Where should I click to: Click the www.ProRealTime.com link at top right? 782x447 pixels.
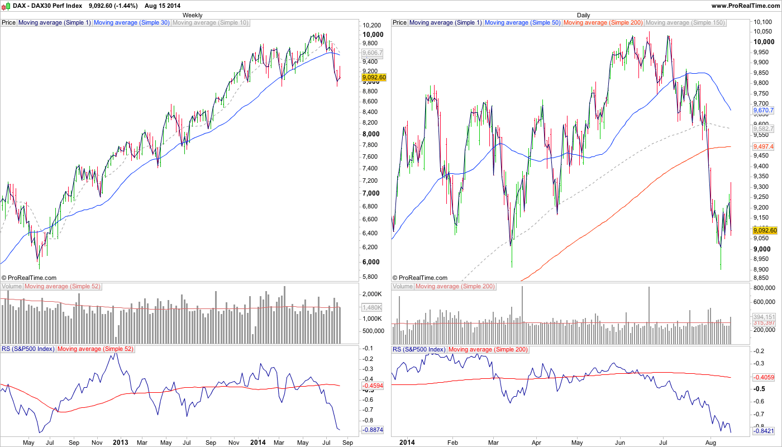[745, 5]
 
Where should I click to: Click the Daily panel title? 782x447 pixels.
[583, 15]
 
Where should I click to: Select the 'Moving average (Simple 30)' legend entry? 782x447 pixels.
[131, 23]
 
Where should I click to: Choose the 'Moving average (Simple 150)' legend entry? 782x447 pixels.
[685, 23]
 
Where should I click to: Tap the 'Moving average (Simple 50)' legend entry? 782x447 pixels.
[522, 23]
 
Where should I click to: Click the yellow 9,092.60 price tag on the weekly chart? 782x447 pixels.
[374, 77]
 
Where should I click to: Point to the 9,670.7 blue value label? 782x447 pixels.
[764, 111]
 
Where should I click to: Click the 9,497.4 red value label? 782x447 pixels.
[764, 146]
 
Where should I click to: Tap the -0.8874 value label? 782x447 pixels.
[372, 430]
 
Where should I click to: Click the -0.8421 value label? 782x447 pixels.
[764, 431]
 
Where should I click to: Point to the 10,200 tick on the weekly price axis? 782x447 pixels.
[371, 25]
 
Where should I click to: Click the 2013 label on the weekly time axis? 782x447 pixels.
[121, 442]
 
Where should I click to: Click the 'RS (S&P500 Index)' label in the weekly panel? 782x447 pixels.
[28, 349]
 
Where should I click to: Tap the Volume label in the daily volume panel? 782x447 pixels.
[403, 287]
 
